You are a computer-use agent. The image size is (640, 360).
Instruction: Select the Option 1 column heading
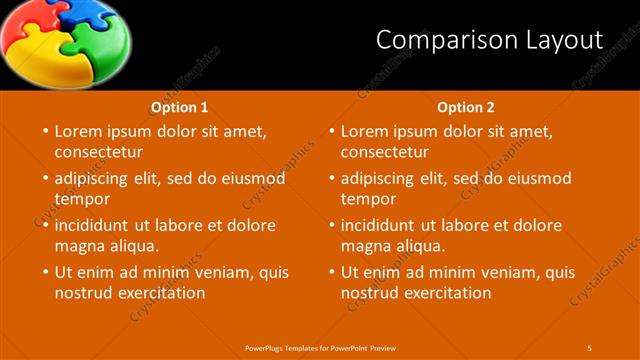pos(180,107)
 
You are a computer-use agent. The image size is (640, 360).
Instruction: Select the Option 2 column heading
pos(466,107)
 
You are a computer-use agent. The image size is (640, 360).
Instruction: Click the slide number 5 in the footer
pos(590,348)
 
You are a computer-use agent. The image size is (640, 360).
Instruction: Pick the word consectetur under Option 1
pos(98,152)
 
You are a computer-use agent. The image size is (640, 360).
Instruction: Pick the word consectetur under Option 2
pos(384,152)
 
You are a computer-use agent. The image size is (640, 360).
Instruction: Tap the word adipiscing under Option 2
pos(376,179)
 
